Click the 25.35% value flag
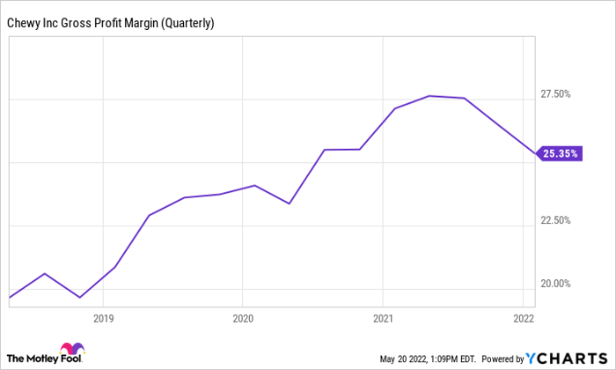pos(560,153)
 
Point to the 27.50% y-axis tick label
pos(554,94)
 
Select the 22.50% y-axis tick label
pos(554,220)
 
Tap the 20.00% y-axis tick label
pos(554,284)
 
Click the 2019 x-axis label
pos(104,318)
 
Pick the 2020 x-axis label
pos(243,318)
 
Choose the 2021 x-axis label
pos(383,318)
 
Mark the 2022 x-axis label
pos(523,318)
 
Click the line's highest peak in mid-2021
pos(429,96)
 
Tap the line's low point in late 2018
pos(80,298)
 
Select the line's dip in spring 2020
pos(290,203)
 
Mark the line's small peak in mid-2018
pos(45,274)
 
